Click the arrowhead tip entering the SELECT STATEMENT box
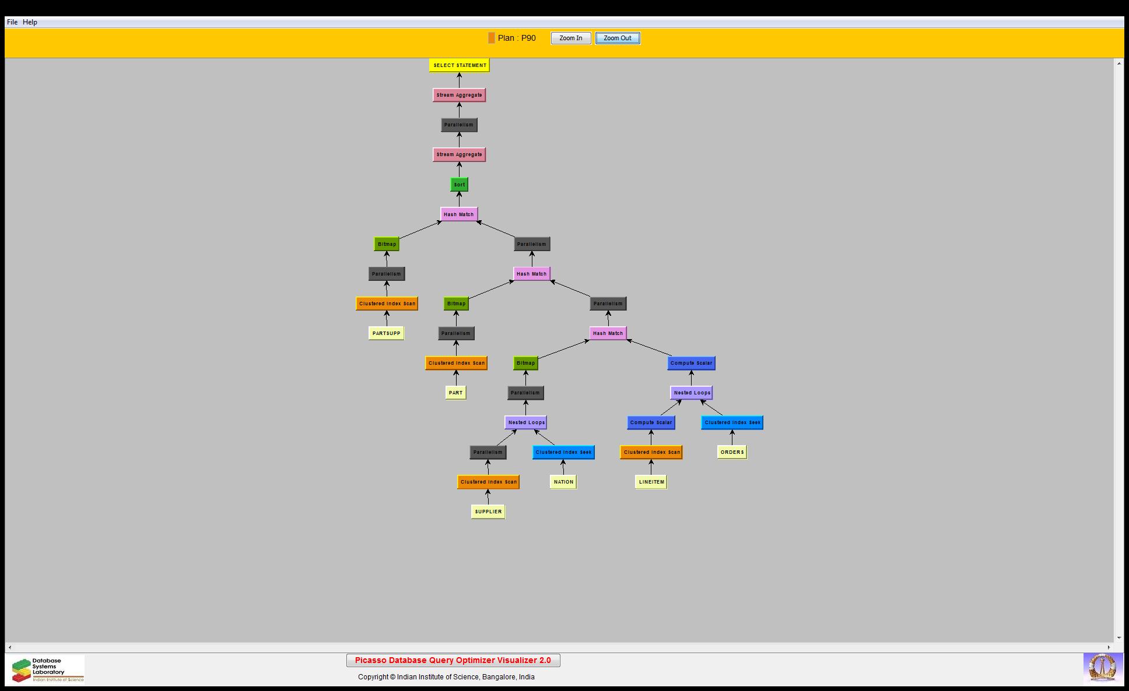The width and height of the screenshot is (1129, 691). [x=460, y=73]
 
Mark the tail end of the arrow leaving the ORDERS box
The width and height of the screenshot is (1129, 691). [x=732, y=445]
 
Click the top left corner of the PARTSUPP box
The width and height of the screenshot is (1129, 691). [x=369, y=327]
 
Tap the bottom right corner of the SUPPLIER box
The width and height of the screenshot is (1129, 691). [x=505, y=519]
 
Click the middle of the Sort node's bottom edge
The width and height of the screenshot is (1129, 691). [x=460, y=192]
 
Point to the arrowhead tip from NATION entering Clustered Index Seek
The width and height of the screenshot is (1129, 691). [x=563, y=460]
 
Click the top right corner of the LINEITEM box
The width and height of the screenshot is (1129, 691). [x=667, y=475]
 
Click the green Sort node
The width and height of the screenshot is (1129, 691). [x=460, y=185]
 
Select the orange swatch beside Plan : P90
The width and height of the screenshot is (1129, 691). [x=492, y=38]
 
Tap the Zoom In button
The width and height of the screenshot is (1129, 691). [x=571, y=38]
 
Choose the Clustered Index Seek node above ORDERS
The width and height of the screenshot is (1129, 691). [x=732, y=422]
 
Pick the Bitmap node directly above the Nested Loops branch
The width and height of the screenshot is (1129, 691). [x=525, y=363]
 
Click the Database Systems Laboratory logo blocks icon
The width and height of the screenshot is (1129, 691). [x=22, y=670]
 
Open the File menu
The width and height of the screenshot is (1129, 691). [x=12, y=22]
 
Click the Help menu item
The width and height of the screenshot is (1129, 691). [x=30, y=22]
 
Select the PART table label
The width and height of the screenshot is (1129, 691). [x=456, y=393]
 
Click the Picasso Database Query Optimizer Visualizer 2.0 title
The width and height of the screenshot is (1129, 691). [x=453, y=660]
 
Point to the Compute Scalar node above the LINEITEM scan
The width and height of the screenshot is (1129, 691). [x=651, y=422]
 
